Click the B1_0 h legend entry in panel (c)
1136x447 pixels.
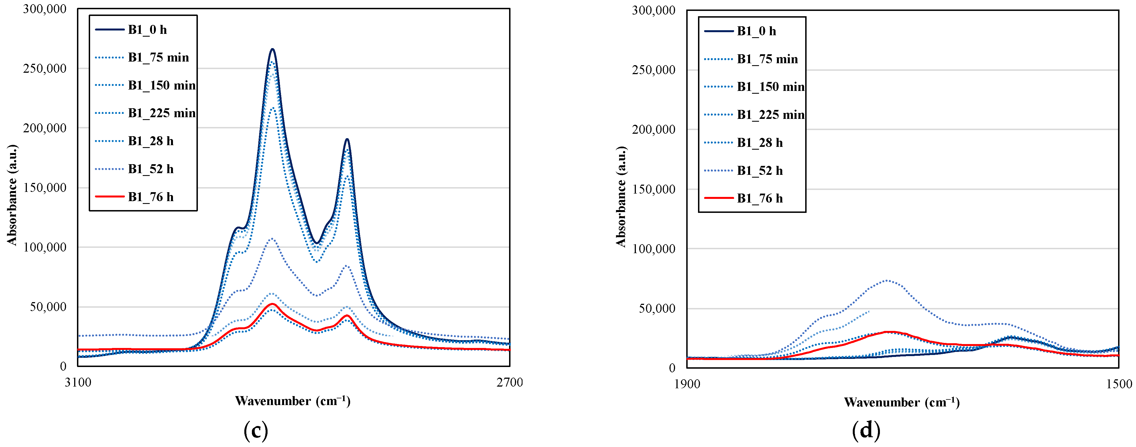coord(147,30)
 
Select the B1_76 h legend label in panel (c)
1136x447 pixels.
coord(150,197)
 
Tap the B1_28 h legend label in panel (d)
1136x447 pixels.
coord(759,142)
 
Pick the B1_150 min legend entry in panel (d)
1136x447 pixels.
coord(770,87)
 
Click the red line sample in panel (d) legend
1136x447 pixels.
coord(719,198)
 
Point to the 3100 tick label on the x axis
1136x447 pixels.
coord(78,382)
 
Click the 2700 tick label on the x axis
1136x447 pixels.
coord(509,382)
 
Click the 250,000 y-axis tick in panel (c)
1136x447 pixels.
coord(44,68)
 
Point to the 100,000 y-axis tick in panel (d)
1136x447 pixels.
coord(654,249)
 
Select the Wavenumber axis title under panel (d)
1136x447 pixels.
coord(901,402)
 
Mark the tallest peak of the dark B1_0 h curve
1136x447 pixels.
coord(273,49)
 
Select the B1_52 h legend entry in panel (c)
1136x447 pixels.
coord(150,169)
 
